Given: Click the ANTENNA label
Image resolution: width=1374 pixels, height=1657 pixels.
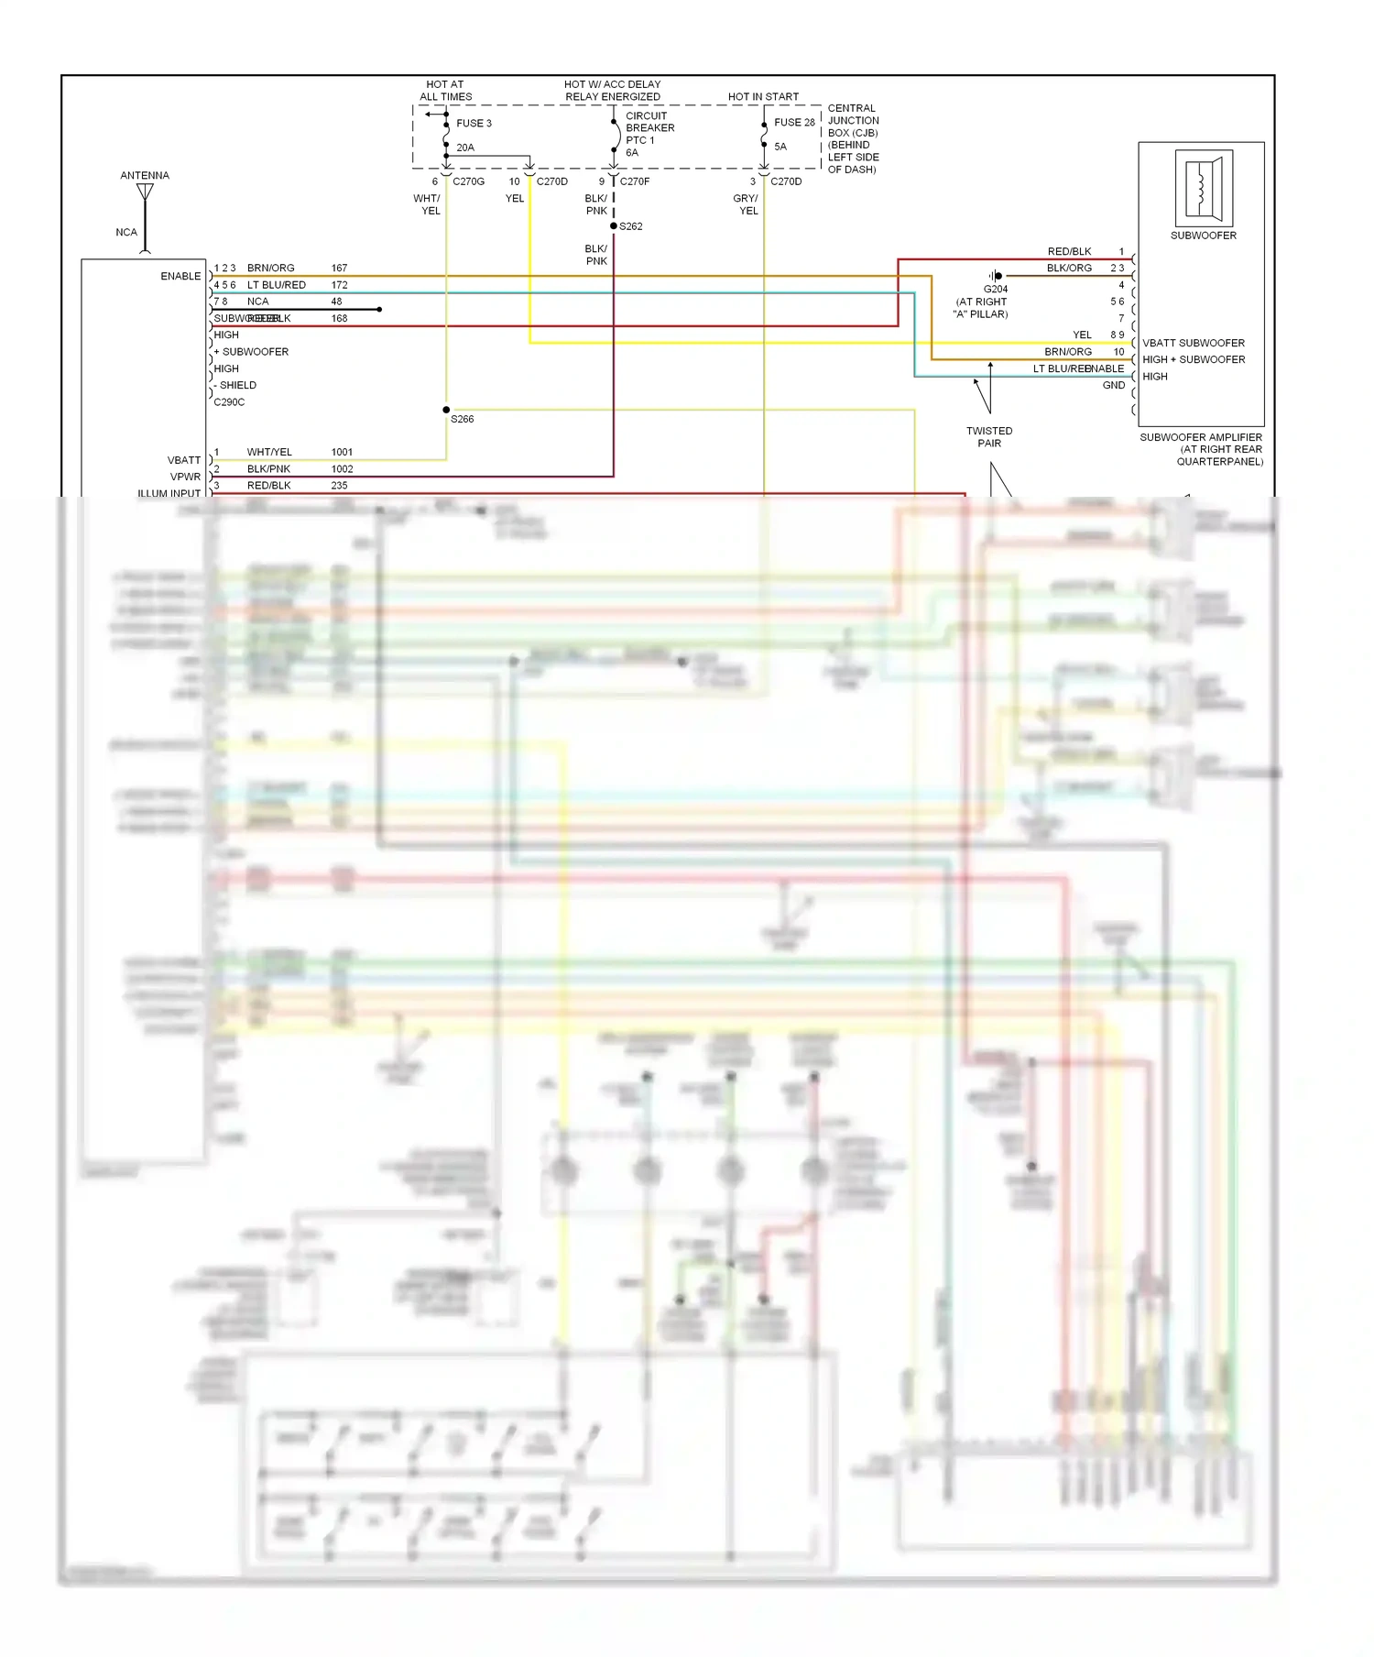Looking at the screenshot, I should (145, 175).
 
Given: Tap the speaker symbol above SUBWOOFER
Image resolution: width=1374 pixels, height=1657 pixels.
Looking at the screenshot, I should (1204, 189).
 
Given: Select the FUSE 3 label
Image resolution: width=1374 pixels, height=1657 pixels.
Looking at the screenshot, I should (474, 123).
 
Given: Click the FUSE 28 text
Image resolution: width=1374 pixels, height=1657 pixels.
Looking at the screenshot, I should (794, 122).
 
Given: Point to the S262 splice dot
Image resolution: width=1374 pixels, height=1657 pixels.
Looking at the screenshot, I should (614, 225).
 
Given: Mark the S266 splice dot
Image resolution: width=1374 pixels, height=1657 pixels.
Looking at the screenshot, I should (446, 410).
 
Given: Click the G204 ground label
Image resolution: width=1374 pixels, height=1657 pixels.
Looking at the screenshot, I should (996, 289).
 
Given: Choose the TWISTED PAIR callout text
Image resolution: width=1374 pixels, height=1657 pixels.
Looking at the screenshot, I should (989, 437).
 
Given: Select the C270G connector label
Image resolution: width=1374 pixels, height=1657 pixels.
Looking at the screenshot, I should (468, 181).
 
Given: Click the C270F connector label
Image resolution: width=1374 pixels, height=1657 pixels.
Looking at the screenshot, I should (635, 181).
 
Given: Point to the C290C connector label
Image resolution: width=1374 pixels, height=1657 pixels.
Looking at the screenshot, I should (229, 402).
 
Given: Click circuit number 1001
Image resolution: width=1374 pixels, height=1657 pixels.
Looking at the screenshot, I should (342, 452).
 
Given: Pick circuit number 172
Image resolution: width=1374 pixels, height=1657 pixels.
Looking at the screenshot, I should (339, 285).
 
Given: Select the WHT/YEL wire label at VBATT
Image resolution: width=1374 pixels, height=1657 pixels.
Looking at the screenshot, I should (269, 452).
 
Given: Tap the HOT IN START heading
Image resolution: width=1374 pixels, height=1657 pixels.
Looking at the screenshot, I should (763, 96).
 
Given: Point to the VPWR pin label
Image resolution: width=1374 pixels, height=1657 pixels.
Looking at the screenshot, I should (185, 477).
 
